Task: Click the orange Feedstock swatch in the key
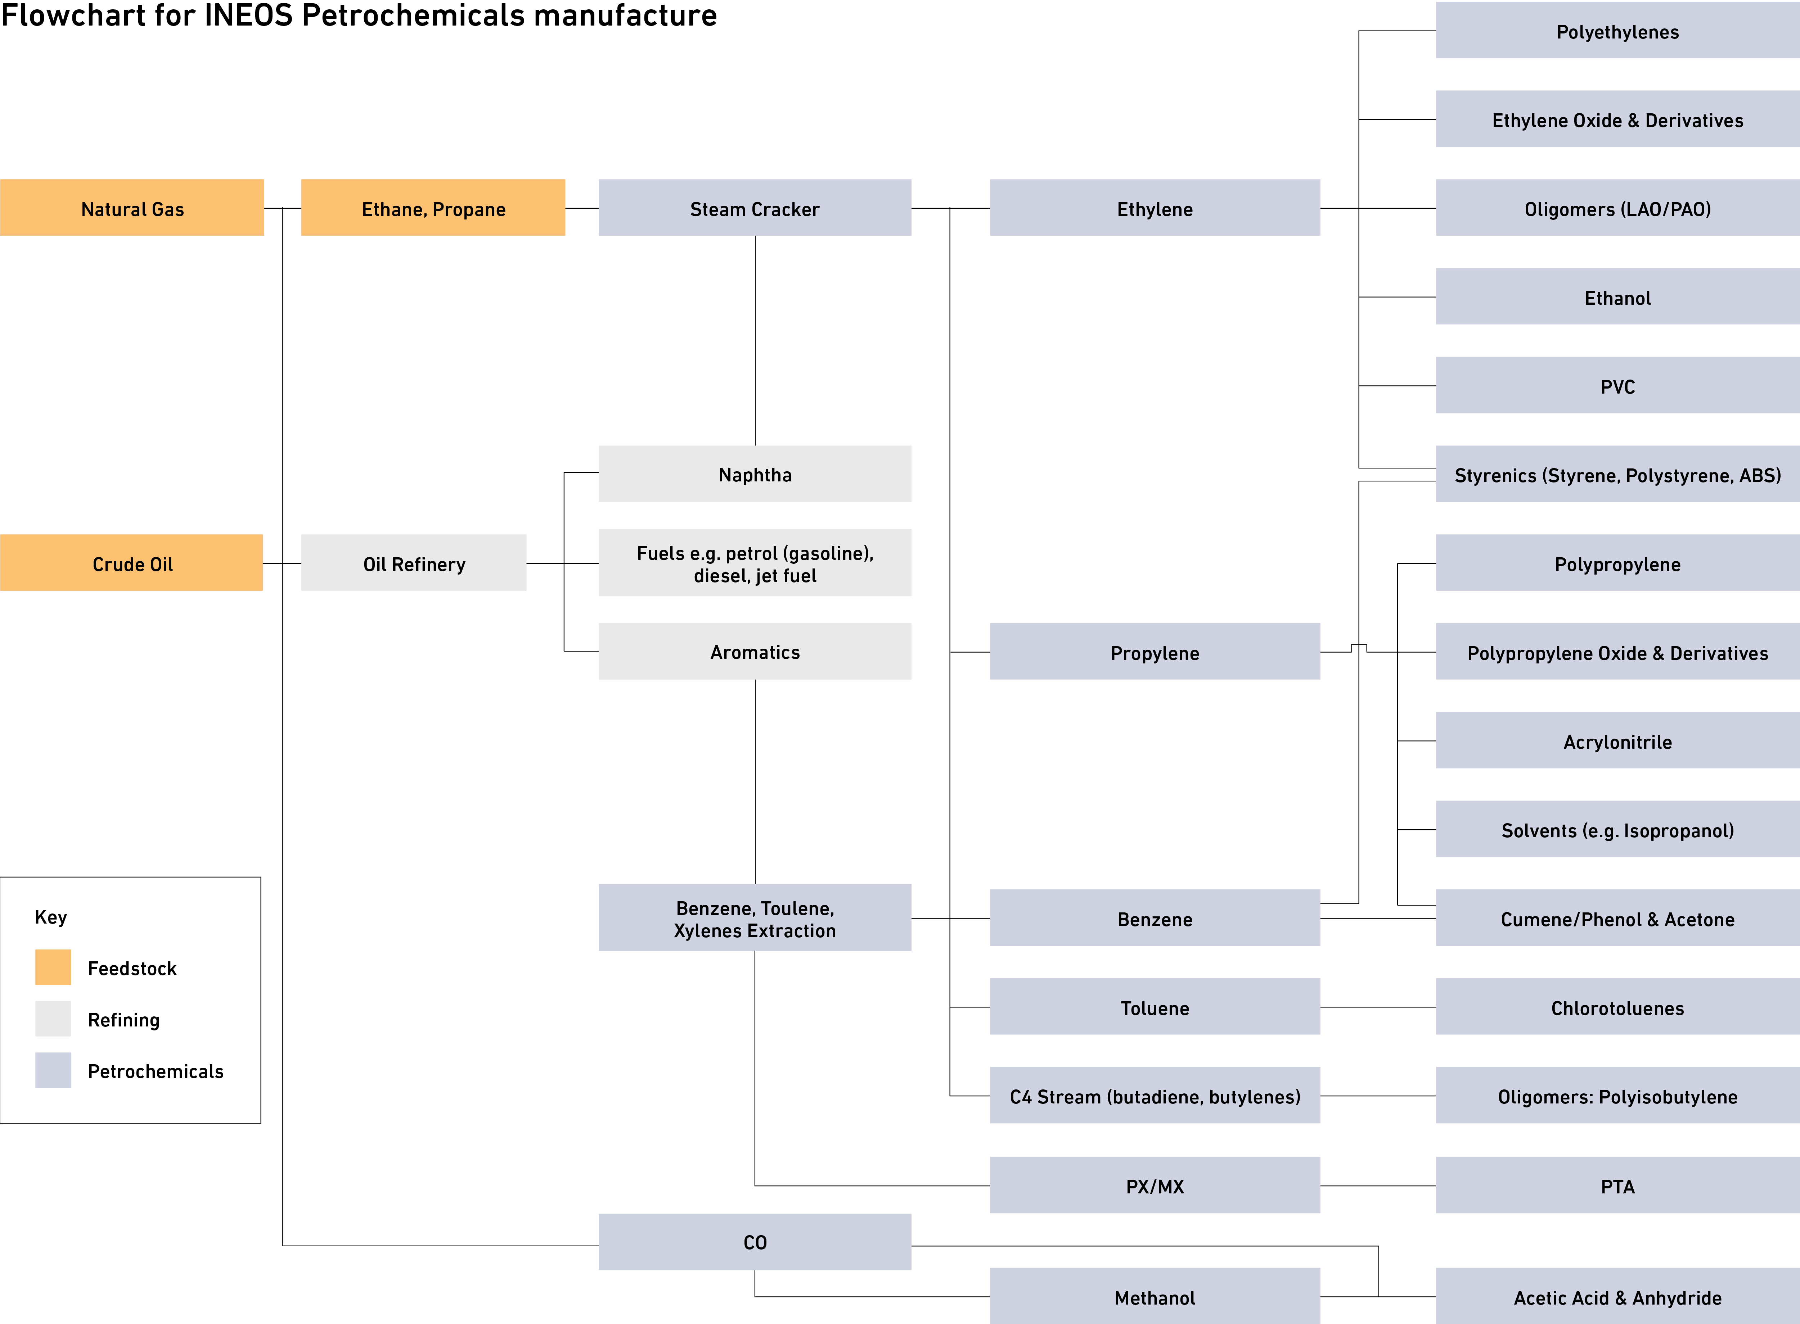pyautogui.click(x=53, y=967)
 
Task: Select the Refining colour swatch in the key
pyautogui.click(x=53, y=1019)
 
